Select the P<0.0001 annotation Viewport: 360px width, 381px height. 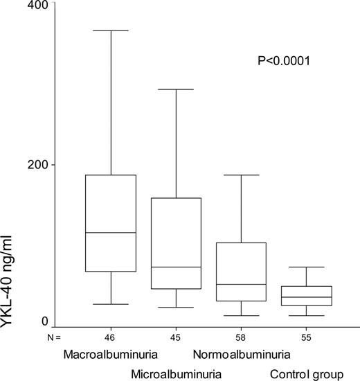tap(283, 62)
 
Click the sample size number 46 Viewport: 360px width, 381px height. tap(109, 337)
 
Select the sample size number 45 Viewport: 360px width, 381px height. tap(175, 337)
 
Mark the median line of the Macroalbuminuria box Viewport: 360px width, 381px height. tap(110, 233)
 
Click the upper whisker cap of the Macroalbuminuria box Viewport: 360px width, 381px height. tap(110, 30)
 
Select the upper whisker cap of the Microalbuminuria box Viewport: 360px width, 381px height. tap(175, 89)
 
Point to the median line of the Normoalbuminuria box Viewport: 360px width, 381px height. tap(241, 284)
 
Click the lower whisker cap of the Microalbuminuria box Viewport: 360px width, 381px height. tap(175, 307)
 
